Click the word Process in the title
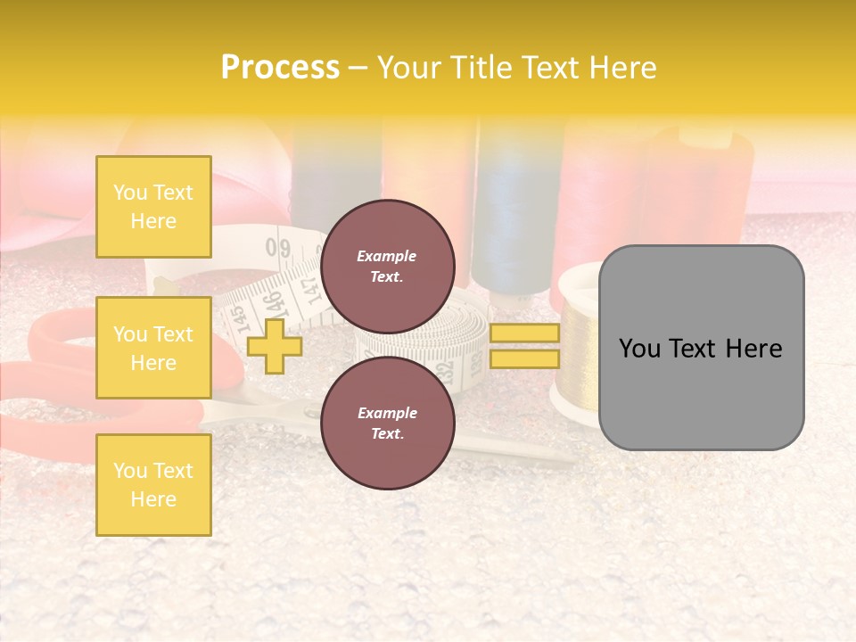pos(280,68)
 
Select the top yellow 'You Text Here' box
pos(153,207)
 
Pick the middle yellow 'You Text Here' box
pos(153,348)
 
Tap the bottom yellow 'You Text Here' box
pos(153,484)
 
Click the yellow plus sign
pos(274,346)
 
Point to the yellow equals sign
pos(524,346)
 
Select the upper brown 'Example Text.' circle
pos(388,266)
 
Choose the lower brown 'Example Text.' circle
pos(388,423)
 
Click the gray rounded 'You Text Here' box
pos(701,348)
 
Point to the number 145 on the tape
pos(237,317)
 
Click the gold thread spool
pos(579,357)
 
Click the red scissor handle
pos(53,357)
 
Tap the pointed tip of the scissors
pos(571,462)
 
